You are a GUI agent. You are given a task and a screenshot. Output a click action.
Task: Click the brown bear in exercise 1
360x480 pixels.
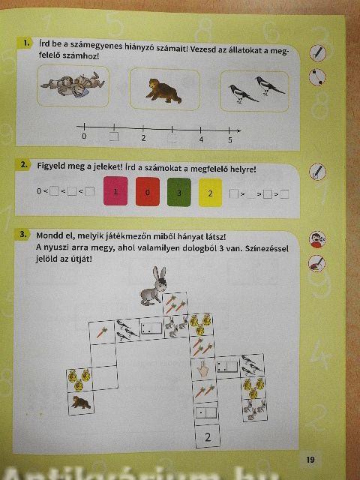(163, 91)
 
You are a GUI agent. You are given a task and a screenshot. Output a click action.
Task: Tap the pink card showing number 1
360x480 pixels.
(115, 191)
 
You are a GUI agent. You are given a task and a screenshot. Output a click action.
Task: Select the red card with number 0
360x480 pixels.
(148, 192)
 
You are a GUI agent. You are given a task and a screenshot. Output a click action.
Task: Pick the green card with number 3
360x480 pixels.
(179, 192)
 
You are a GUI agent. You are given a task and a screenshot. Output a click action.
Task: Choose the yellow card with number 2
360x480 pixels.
(210, 193)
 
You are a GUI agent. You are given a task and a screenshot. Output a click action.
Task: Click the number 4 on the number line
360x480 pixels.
(201, 139)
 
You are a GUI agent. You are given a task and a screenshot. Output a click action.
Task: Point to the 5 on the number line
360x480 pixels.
(230, 140)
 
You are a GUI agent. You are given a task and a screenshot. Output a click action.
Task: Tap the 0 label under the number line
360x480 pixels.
(84, 136)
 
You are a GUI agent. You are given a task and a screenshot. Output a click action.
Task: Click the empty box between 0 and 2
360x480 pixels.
(114, 136)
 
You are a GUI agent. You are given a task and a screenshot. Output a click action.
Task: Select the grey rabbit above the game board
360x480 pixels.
(153, 286)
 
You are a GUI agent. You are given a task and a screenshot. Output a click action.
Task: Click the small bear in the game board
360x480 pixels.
(81, 402)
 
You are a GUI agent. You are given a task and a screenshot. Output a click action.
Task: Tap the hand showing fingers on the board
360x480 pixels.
(202, 369)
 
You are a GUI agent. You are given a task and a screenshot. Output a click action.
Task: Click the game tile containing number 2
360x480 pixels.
(208, 436)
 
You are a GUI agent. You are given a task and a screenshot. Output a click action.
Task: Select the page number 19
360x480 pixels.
(310, 460)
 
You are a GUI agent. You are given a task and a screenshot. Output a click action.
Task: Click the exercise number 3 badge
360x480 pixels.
(23, 235)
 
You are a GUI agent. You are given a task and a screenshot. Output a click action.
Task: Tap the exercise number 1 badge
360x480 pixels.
(27, 43)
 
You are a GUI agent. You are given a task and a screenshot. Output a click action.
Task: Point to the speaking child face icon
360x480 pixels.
(317, 239)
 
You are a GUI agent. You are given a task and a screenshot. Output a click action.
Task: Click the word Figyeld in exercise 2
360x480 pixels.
(52, 166)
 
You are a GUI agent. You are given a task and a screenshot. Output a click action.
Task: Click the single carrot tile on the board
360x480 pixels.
(102, 332)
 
